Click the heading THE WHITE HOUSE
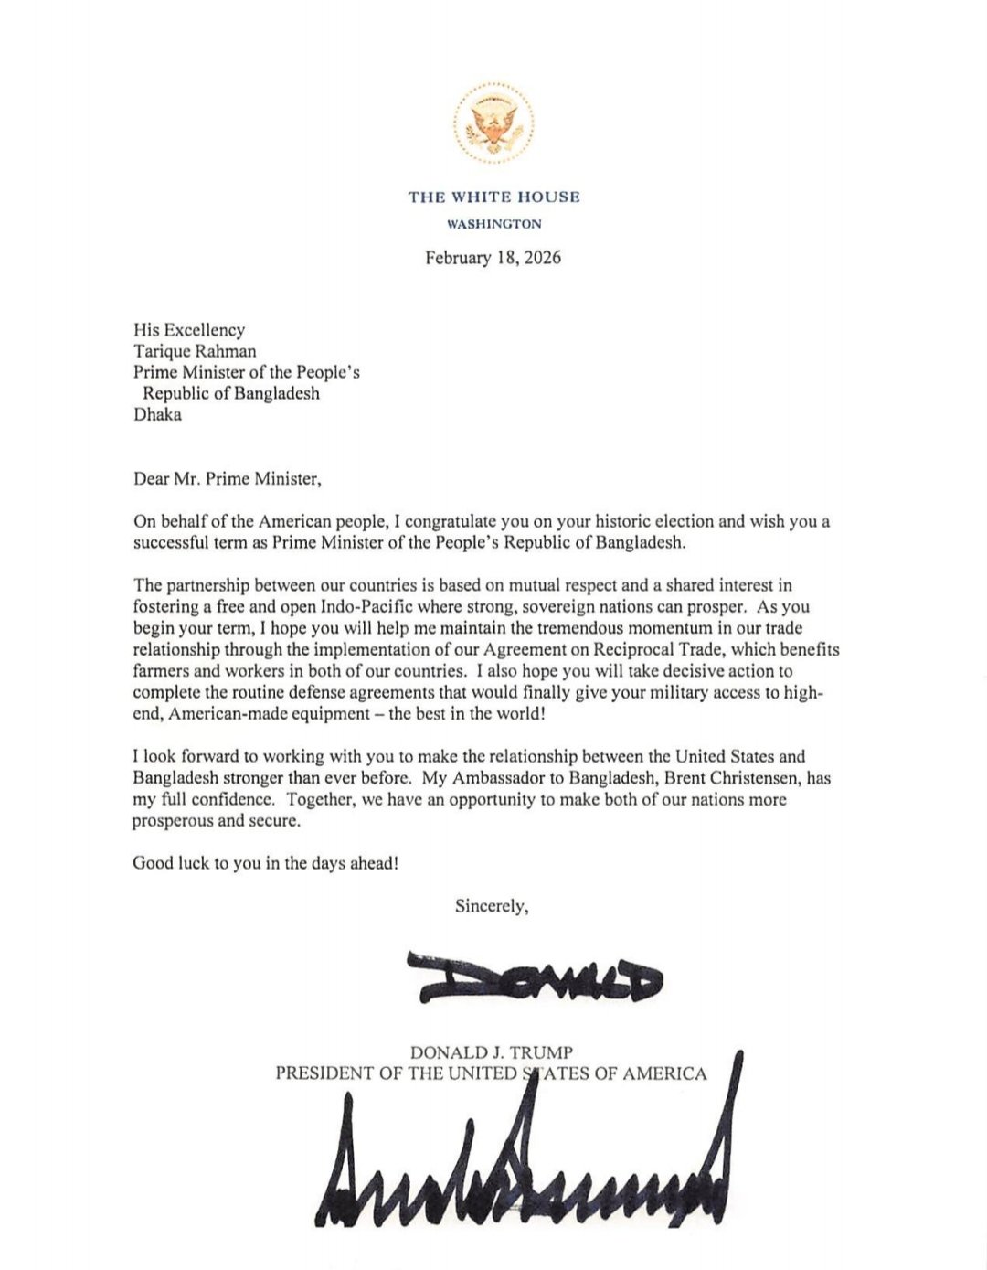(493, 197)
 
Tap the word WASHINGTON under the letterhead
(493, 224)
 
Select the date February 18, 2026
(493, 258)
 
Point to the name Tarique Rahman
(195, 351)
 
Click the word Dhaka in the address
(157, 414)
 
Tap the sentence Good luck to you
(265, 862)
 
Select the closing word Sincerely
(492, 906)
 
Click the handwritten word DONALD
(535, 977)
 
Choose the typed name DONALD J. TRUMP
(492, 1053)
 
